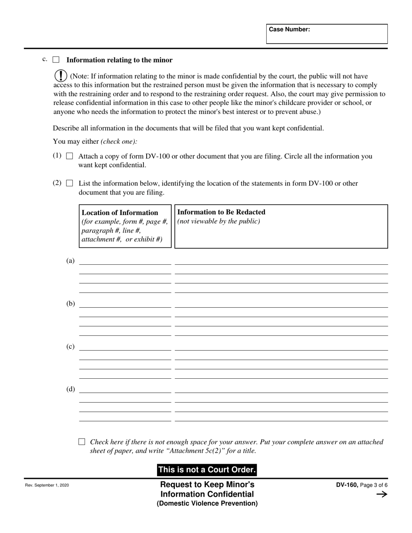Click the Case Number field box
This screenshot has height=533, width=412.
(x=327, y=34)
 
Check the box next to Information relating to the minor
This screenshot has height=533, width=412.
(x=56, y=60)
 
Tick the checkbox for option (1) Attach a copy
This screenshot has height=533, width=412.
(x=69, y=156)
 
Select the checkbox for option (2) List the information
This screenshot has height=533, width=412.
(x=69, y=183)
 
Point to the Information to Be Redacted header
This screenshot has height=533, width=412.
(x=222, y=212)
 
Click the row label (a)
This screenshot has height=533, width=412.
(x=70, y=261)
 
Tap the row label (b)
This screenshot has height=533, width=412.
(x=70, y=304)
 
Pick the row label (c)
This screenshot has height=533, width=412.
(x=70, y=347)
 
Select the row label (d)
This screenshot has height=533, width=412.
(x=70, y=389)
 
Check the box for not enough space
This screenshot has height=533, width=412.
(x=82, y=442)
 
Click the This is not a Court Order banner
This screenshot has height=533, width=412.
(x=207, y=470)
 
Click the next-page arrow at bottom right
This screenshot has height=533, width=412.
(x=382, y=494)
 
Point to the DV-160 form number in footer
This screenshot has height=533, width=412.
(x=347, y=485)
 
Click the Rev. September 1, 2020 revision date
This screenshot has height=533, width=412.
(x=47, y=485)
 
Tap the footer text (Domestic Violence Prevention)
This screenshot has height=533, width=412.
(x=207, y=504)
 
